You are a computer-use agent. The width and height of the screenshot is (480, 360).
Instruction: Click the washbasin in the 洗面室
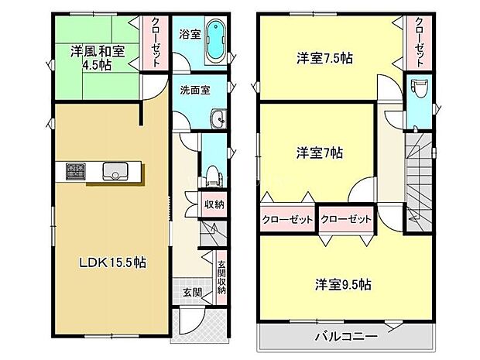tap(218, 118)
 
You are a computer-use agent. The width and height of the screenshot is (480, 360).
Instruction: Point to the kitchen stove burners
tap(76, 170)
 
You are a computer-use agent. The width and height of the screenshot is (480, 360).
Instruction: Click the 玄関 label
tap(193, 292)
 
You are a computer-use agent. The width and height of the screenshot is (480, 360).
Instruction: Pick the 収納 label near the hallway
tap(214, 204)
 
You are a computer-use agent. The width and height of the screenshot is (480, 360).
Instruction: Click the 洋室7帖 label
tap(317, 153)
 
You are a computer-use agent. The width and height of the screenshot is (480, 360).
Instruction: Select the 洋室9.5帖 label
tap(343, 283)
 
